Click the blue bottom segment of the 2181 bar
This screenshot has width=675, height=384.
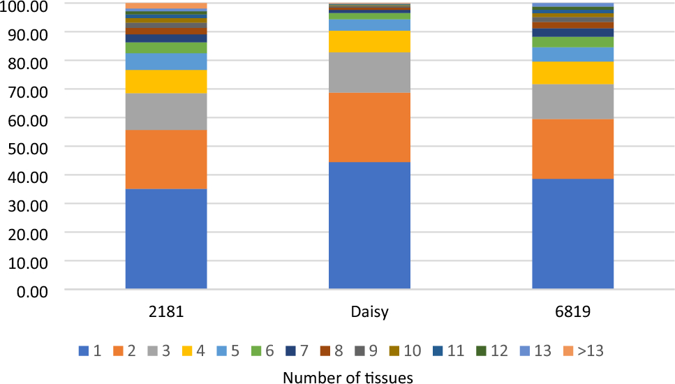[x=166, y=238]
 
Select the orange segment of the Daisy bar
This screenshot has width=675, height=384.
[x=369, y=127]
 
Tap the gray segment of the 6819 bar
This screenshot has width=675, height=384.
[x=572, y=101]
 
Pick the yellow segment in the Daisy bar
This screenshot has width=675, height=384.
[x=369, y=41]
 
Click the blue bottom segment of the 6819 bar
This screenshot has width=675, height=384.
[x=572, y=233]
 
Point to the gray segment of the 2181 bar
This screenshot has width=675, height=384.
[x=166, y=111]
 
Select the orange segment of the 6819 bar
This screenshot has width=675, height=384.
[x=572, y=149]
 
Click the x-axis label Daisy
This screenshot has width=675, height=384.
[x=369, y=312]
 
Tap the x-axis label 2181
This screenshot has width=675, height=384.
[x=166, y=312]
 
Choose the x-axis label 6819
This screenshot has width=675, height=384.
[x=572, y=312]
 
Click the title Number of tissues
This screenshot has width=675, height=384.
[x=348, y=377]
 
